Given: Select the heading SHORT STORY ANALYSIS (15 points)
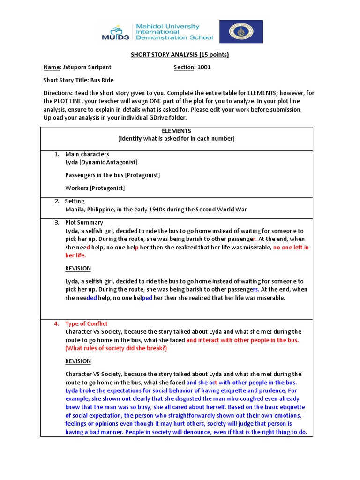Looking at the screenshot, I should [180, 54].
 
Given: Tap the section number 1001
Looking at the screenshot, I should [204, 67].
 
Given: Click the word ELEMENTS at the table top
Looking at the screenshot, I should [176, 131].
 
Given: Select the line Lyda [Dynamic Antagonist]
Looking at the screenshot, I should [101, 162].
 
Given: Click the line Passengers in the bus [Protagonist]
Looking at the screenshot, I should [112, 175].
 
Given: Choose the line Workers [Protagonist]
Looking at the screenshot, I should [95, 188].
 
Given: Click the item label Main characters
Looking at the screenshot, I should [87, 154].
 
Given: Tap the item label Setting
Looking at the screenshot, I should [75, 201].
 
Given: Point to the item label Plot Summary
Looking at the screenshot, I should [84, 223].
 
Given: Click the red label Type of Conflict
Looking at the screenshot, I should [86, 324].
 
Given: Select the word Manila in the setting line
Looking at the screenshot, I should [75, 210].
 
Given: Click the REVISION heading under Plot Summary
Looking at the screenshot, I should [78, 269].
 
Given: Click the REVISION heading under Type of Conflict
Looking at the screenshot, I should [78, 361].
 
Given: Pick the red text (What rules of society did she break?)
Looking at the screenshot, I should [116, 348].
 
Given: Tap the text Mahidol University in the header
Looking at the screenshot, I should [167, 27].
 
